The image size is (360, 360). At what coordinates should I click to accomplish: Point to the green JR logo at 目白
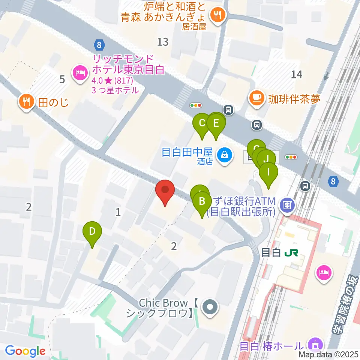(291, 253)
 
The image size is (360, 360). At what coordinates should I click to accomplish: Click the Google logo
(25, 351)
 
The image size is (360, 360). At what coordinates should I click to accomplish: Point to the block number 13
(163, 42)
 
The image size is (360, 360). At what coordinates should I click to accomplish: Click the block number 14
(296, 75)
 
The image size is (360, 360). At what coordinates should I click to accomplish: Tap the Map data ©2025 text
(329, 354)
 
